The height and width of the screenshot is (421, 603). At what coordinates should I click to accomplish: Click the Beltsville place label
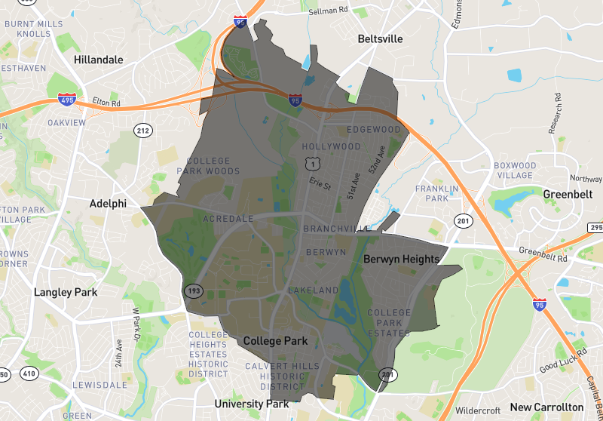[x=380, y=38]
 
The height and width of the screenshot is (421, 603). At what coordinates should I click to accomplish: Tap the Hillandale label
[x=99, y=60]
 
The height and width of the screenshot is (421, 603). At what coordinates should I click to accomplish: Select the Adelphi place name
[x=108, y=204]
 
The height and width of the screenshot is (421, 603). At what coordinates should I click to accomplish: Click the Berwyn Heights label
[x=401, y=259]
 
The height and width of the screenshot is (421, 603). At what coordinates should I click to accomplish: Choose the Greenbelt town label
[x=564, y=194]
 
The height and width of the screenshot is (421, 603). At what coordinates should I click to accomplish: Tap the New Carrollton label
[x=546, y=407]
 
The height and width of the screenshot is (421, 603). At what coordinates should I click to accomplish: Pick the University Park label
[x=252, y=404]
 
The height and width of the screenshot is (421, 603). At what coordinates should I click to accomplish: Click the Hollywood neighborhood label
[x=331, y=146]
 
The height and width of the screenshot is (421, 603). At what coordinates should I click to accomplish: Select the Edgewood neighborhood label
[x=375, y=130]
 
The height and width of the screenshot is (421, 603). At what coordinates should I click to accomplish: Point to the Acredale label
[x=228, y=219]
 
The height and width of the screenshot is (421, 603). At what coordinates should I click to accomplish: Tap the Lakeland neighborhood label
[x=313, y=290]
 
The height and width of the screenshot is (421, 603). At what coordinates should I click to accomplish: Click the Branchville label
[x=336, y=229]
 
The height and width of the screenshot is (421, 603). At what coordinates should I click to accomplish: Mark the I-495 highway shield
[x=66, y=99]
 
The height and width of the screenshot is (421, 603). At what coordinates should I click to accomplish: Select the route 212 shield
[x=142, y=131]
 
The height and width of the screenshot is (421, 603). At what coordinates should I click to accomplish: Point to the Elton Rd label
[x=106, y=103]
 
